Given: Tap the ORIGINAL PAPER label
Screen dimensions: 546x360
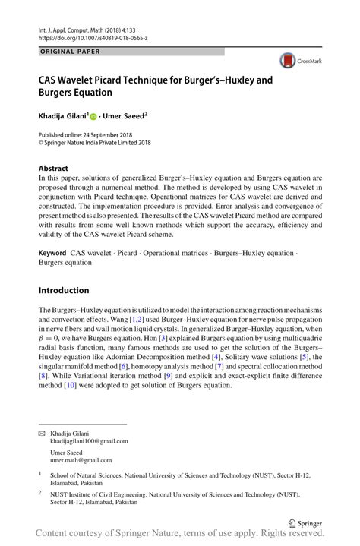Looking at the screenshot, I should click(x=69, y=51).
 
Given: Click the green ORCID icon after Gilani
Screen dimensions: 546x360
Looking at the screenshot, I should click(x=94, y=118).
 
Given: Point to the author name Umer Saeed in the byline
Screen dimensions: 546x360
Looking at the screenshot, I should click(x=125, y=117).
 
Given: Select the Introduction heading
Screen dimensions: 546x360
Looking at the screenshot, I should click(x=65, y=290).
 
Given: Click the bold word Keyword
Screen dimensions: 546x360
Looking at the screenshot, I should click(x=52, y=251).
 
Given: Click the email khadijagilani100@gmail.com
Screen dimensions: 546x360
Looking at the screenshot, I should click(x=89, y=440).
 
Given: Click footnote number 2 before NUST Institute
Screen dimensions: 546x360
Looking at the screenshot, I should click(x=40, y=491).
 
